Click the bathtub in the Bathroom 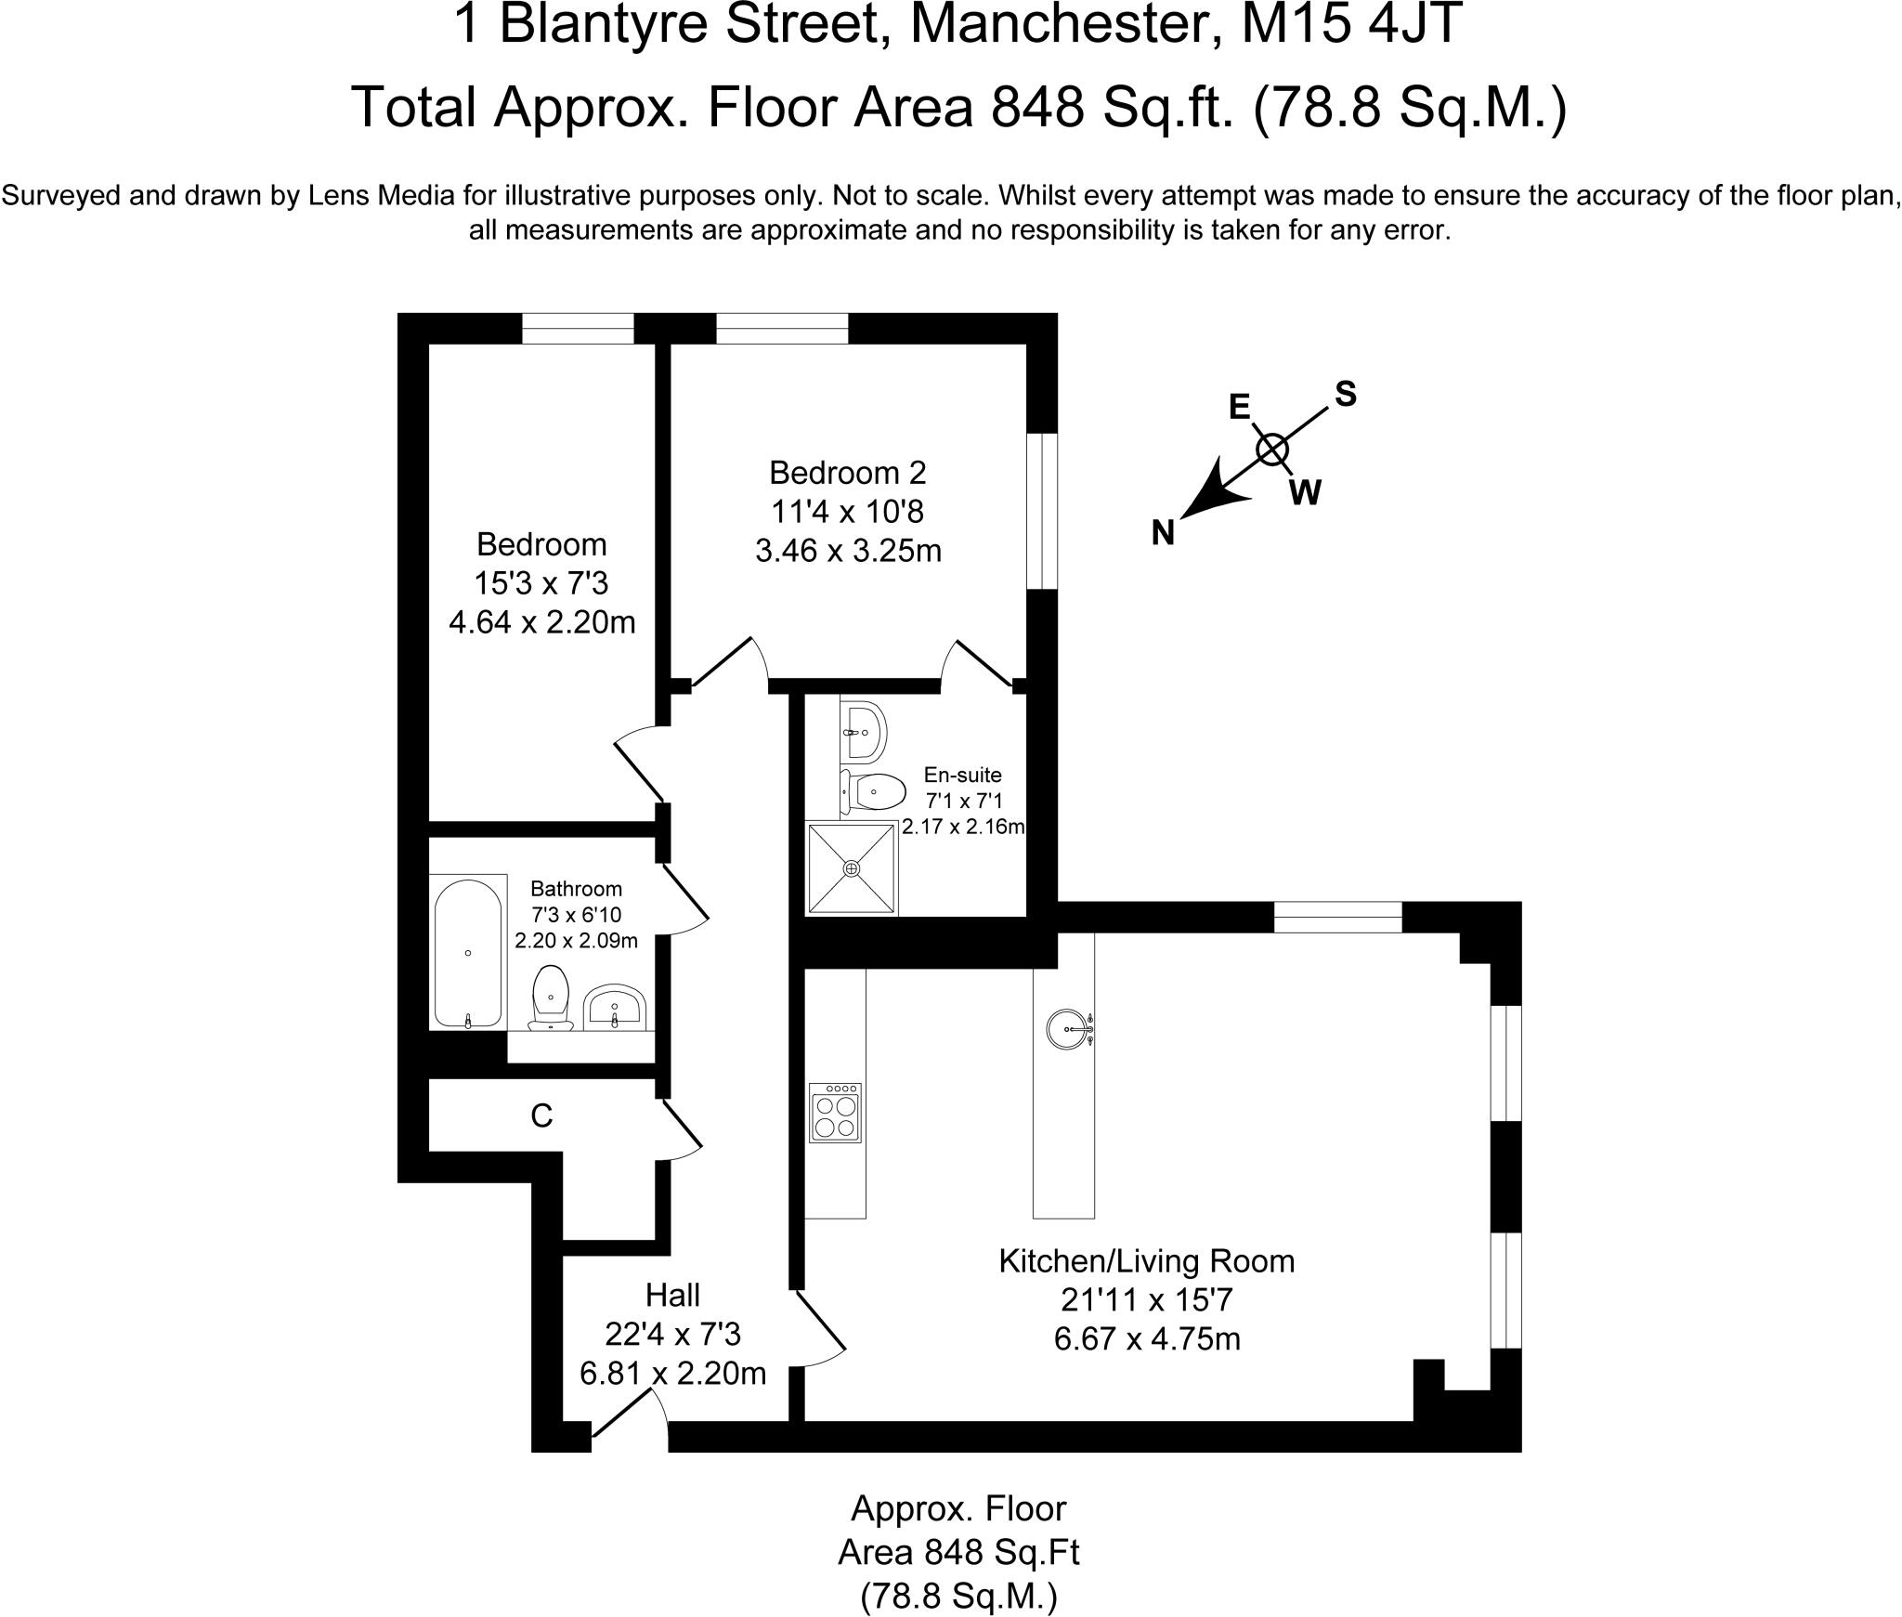468,953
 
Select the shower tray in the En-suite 852,867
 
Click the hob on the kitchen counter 835,1113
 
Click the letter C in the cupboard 541,1115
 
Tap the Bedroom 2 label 847,473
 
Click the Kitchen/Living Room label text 1146,1260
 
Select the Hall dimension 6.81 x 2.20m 672,1373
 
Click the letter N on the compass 1163,533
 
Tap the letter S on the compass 1345,395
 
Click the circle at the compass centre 1272,450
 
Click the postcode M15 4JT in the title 1352,25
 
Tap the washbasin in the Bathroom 614,1008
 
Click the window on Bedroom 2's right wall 1042,511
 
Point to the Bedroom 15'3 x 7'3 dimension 541,583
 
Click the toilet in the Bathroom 552,997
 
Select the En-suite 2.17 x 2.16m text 963,827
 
